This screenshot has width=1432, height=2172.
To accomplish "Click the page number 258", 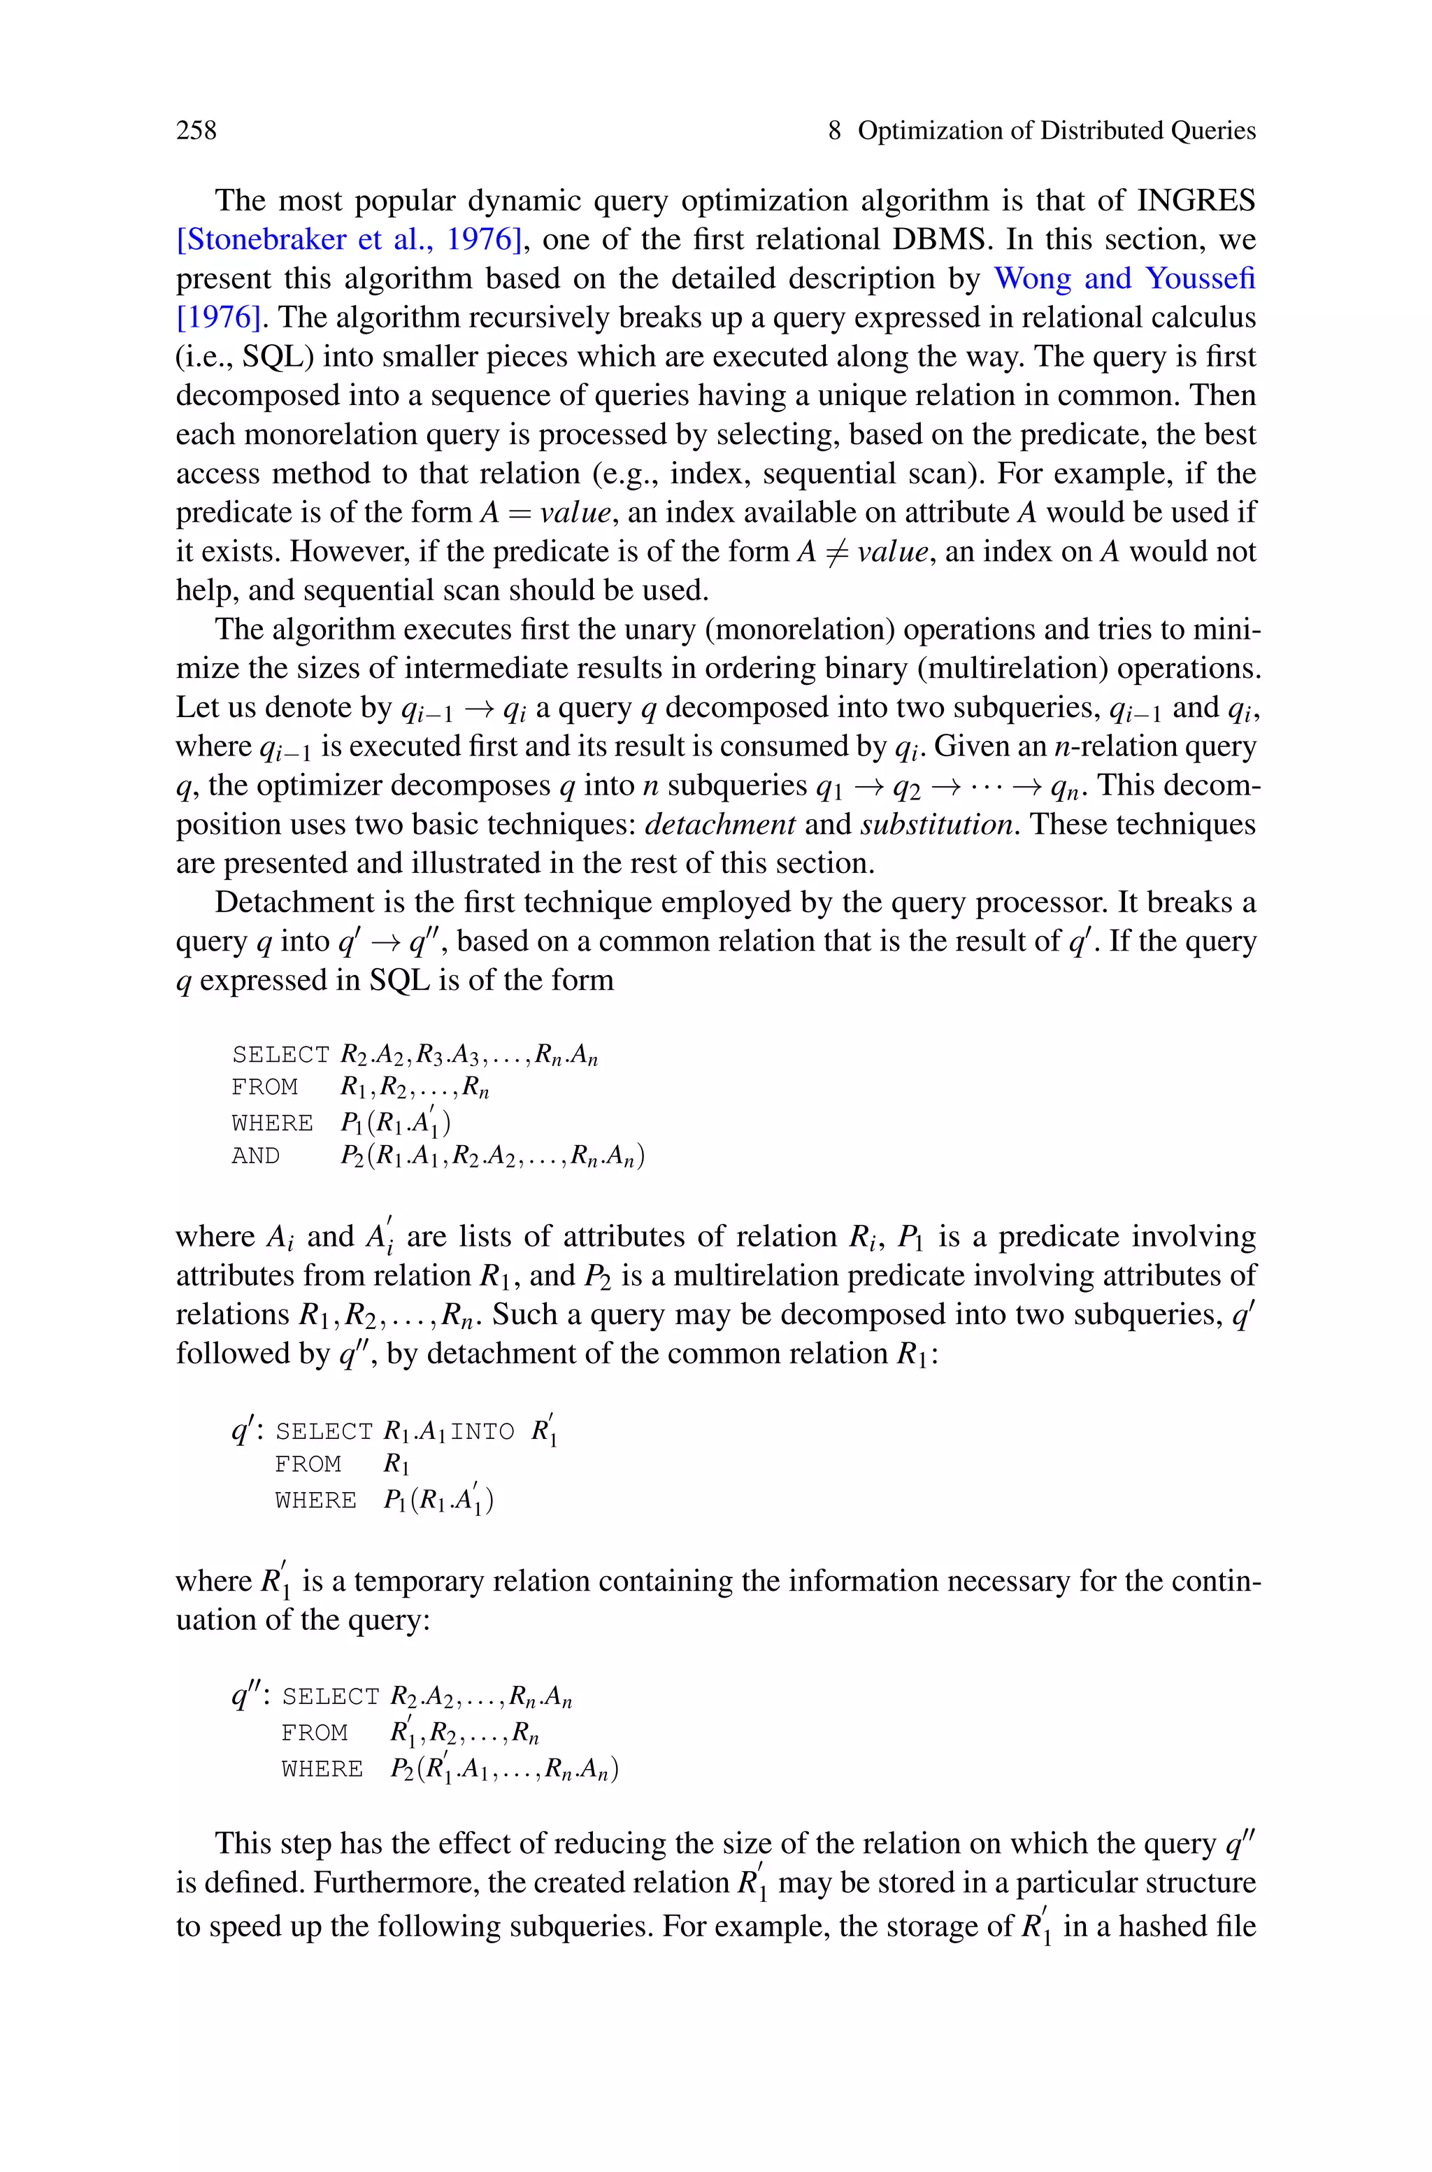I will (196, 131).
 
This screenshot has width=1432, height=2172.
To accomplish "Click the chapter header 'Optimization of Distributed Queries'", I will (1056, 131).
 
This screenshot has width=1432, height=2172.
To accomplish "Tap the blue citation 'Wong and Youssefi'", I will (1124, 278).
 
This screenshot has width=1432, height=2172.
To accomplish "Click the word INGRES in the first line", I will (1196, 200).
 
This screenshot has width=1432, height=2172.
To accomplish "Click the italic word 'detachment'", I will (719, 824).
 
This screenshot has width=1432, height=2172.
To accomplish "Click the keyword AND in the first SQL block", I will (256, 1156).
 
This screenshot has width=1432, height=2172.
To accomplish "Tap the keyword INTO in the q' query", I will (482, 1431).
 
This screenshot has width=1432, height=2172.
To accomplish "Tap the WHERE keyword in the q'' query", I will (322, 1769).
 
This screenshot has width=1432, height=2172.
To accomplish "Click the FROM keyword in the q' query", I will (308, 1464).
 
